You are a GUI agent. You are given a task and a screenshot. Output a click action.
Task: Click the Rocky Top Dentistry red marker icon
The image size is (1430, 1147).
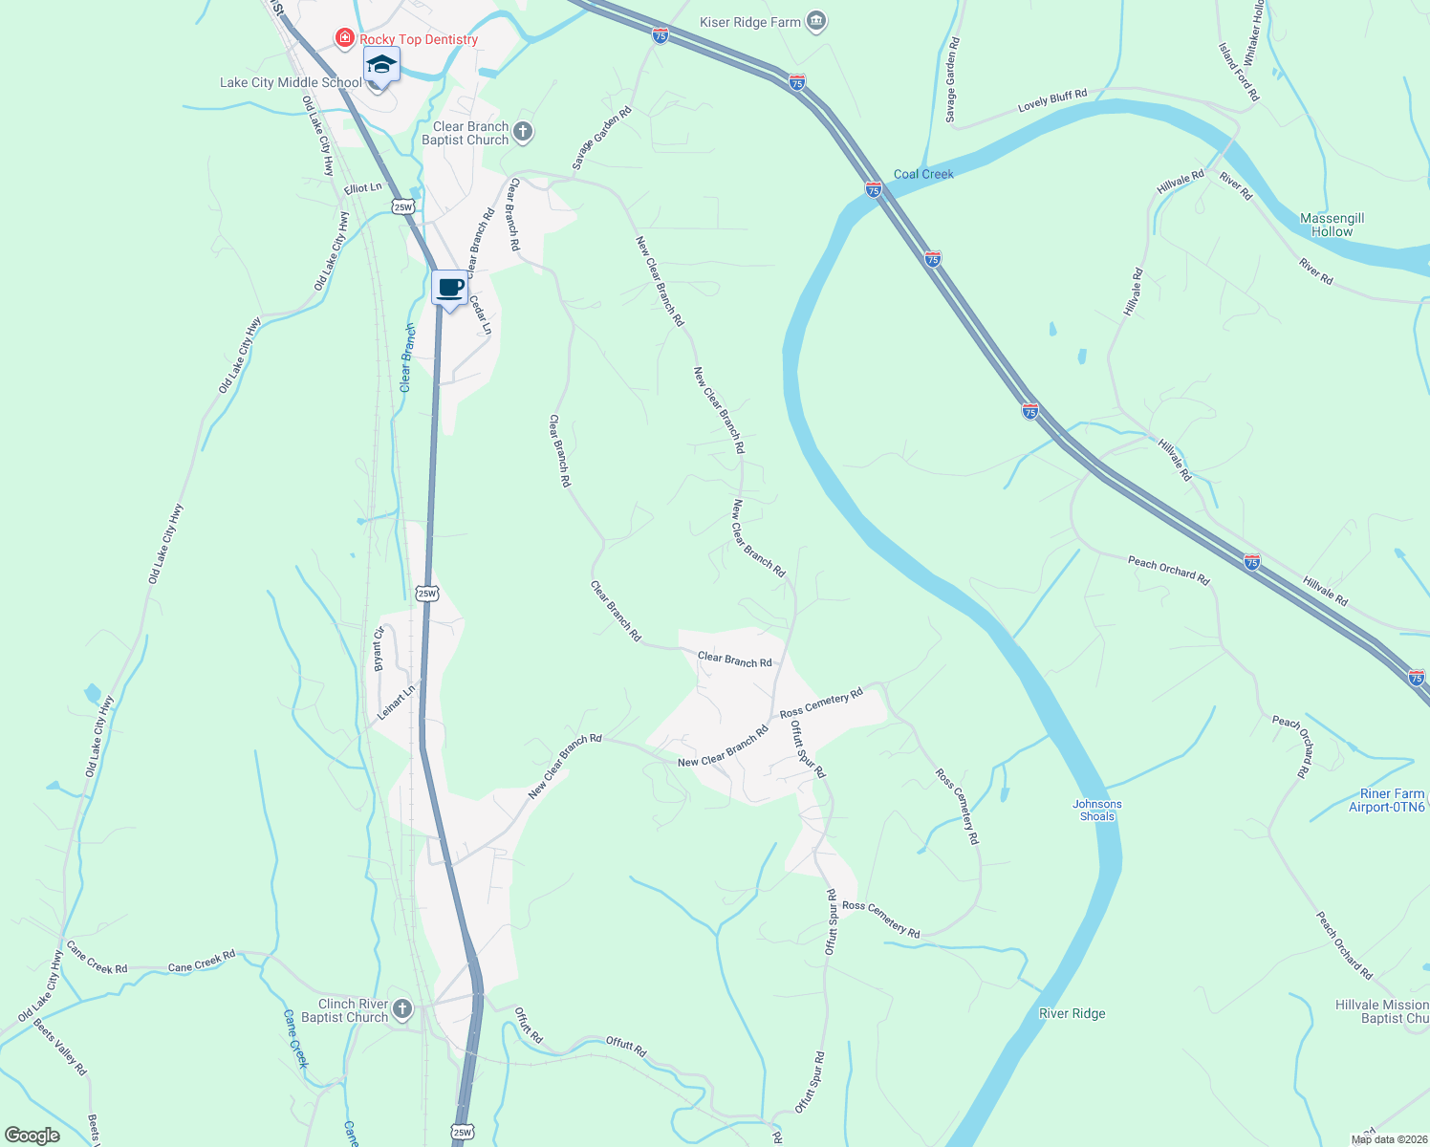coord(345,38)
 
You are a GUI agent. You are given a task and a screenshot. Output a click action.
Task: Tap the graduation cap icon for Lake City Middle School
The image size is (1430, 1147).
coord(380,65)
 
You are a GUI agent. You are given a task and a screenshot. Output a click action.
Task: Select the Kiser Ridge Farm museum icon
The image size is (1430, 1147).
coord(815,21)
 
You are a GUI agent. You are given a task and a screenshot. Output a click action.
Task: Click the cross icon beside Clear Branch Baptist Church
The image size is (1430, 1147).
coord(523,132)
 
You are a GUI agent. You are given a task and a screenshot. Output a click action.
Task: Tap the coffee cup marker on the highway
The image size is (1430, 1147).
coord(449,288)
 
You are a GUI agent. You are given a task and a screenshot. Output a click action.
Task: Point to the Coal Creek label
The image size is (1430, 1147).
coord(923,174)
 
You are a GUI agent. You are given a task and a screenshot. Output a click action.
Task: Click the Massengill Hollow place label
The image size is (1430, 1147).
coord(1332,225)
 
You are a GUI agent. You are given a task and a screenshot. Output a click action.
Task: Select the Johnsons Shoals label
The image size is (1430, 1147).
coord(1096,810)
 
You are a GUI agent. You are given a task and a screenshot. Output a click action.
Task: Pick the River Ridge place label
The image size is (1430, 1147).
coord(1072,1013)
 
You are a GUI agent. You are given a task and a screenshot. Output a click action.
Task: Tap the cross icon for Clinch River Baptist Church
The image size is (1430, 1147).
coord(402,1008)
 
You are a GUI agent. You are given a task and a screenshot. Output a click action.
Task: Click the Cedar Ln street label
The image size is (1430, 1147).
coord(480,314)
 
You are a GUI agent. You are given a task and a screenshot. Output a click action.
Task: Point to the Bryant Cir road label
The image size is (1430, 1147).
coord(379,649)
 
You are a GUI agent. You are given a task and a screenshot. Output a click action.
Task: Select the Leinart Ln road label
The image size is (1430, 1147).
coord(396,702)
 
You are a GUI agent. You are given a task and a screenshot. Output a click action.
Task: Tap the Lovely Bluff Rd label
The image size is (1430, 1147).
coord(1052,100)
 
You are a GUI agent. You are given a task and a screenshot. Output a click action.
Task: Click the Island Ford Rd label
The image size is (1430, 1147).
coord(1239,72)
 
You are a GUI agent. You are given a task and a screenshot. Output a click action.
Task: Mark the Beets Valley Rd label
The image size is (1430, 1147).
coord(60,1048)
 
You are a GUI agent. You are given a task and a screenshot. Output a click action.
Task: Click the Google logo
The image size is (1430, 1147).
coord(32,1135)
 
